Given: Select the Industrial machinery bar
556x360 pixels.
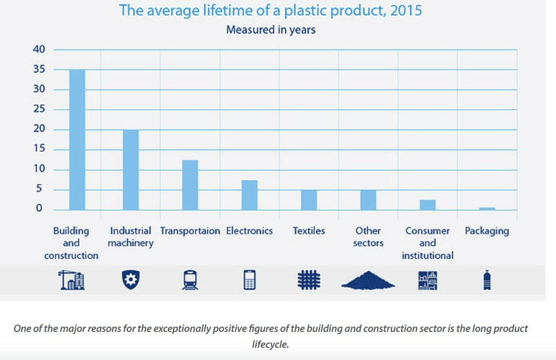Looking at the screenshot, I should (131, 169).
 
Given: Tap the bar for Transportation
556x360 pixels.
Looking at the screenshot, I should (190, 185).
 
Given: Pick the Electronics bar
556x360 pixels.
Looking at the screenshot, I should (249, 195).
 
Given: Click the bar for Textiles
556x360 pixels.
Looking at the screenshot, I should (309, 199).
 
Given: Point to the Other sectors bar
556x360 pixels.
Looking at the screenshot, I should (368, 199).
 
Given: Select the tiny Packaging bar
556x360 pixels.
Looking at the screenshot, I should (487, 208).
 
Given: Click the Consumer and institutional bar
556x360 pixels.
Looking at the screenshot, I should (428, 205).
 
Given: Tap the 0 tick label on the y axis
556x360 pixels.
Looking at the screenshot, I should (39, 209).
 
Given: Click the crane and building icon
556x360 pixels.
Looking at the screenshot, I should (71, 280).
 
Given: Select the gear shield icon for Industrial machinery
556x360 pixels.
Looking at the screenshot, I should (129, 280).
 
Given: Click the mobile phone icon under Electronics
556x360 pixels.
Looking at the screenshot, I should (249, 280).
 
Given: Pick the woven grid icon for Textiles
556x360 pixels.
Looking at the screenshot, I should (309, 280).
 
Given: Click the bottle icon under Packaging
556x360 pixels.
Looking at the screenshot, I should (487, 280).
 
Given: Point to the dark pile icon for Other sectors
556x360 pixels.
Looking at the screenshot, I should (368, 281).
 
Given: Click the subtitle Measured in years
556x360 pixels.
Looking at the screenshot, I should (271, 30).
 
